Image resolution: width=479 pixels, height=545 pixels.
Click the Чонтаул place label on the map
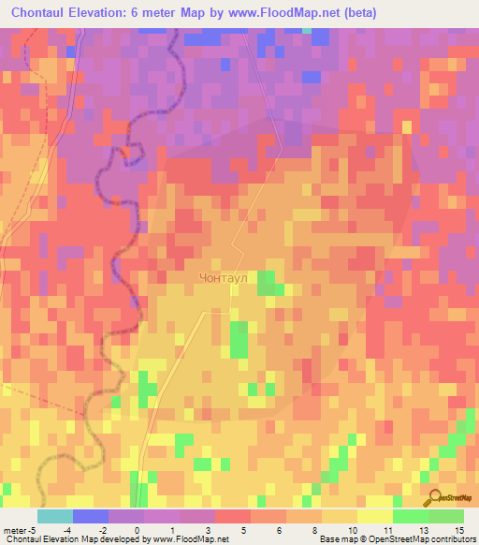[226, 277]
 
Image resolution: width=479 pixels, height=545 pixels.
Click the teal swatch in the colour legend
[54, 516]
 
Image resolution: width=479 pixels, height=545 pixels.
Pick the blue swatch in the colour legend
[90, 516]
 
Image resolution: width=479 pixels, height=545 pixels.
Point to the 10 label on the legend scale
[339, 531]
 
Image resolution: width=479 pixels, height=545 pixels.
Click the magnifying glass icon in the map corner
[434, 498]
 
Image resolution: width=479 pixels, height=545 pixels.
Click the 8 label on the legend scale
[303, 531]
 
